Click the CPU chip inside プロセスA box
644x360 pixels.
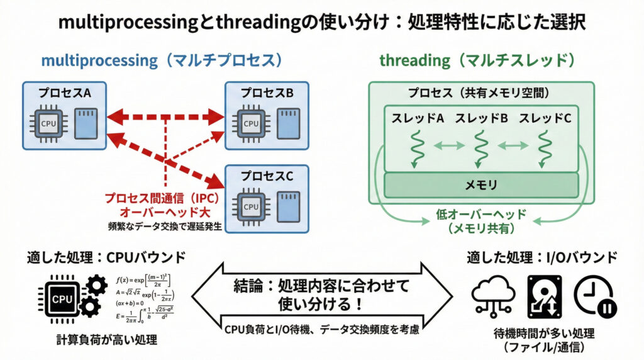[x=48, y=123]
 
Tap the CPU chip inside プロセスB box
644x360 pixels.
[x=251, y=123]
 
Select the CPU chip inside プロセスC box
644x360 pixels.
[x=251, y=206]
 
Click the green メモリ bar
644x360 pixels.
[x=481, y=184]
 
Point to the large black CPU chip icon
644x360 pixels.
[x=62, y=300]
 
